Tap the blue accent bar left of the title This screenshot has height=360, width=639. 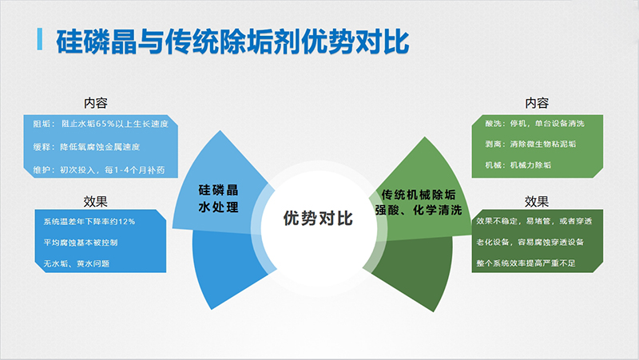click(40, 39)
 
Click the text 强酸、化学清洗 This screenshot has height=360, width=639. click(419, 210)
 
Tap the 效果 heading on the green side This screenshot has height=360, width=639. click(537, 200)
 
